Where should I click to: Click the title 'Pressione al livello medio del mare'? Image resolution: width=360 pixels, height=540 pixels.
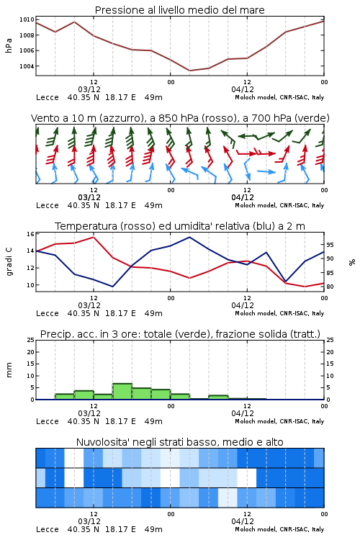click(x=179, y=10)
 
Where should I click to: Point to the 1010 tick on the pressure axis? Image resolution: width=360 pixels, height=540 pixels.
click(x=27, y=19)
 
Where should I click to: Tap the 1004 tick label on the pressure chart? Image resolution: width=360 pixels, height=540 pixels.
click(x=27, y=66)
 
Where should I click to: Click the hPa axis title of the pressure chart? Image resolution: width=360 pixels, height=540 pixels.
click(x=9, y=46)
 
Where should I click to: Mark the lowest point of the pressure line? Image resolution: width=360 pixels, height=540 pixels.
click(x=189, y=71)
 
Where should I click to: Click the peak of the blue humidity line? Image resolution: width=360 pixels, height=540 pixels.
click(x=189, y=237)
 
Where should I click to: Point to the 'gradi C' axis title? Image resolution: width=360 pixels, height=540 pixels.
click(x=9, y=262)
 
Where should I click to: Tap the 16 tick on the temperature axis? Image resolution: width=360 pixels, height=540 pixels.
click(x=31, y=234)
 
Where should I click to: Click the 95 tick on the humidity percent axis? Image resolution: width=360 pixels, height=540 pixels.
click(x=330, y=245)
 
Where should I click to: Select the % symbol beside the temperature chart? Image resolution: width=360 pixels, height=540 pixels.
click(x=352, y=262)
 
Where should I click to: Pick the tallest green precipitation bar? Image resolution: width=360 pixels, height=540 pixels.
click(x=122, y=392)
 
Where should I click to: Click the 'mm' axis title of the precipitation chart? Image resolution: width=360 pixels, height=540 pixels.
click(x=9, y=370)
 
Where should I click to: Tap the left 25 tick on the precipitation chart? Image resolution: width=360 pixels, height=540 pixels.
click(x=31, y=340)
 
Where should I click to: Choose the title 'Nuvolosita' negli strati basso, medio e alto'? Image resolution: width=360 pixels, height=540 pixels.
click(x=179, y=442)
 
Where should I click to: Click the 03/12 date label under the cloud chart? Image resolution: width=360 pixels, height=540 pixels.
click(x=89, y=521)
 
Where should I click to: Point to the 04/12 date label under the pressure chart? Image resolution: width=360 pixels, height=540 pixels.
click(x=243, y=89)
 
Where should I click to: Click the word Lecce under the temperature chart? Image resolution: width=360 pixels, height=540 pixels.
click(x=48, y=313)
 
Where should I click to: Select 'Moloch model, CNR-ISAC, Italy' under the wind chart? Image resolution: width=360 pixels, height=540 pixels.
click(x=279, y=205)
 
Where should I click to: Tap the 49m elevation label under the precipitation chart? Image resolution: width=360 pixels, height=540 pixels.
click(x=153, y=421)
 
